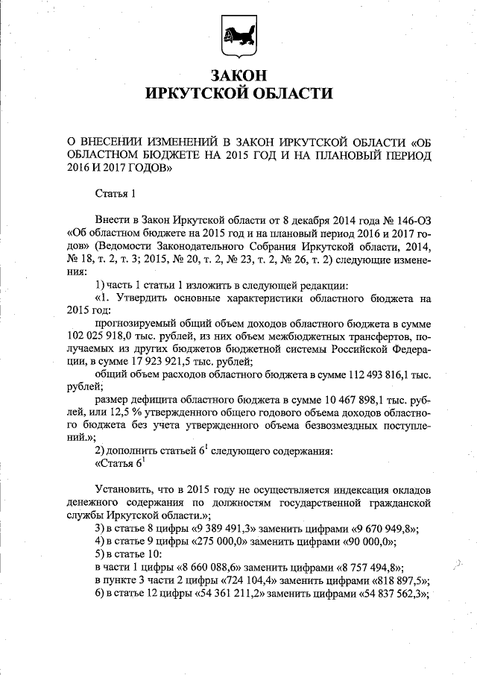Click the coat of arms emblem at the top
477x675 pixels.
[238, 36]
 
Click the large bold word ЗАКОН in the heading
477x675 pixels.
[238, 76]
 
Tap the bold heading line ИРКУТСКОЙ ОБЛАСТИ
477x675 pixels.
[238, 93]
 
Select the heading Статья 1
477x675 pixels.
[116, 195]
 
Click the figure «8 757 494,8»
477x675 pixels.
[370, 567]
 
